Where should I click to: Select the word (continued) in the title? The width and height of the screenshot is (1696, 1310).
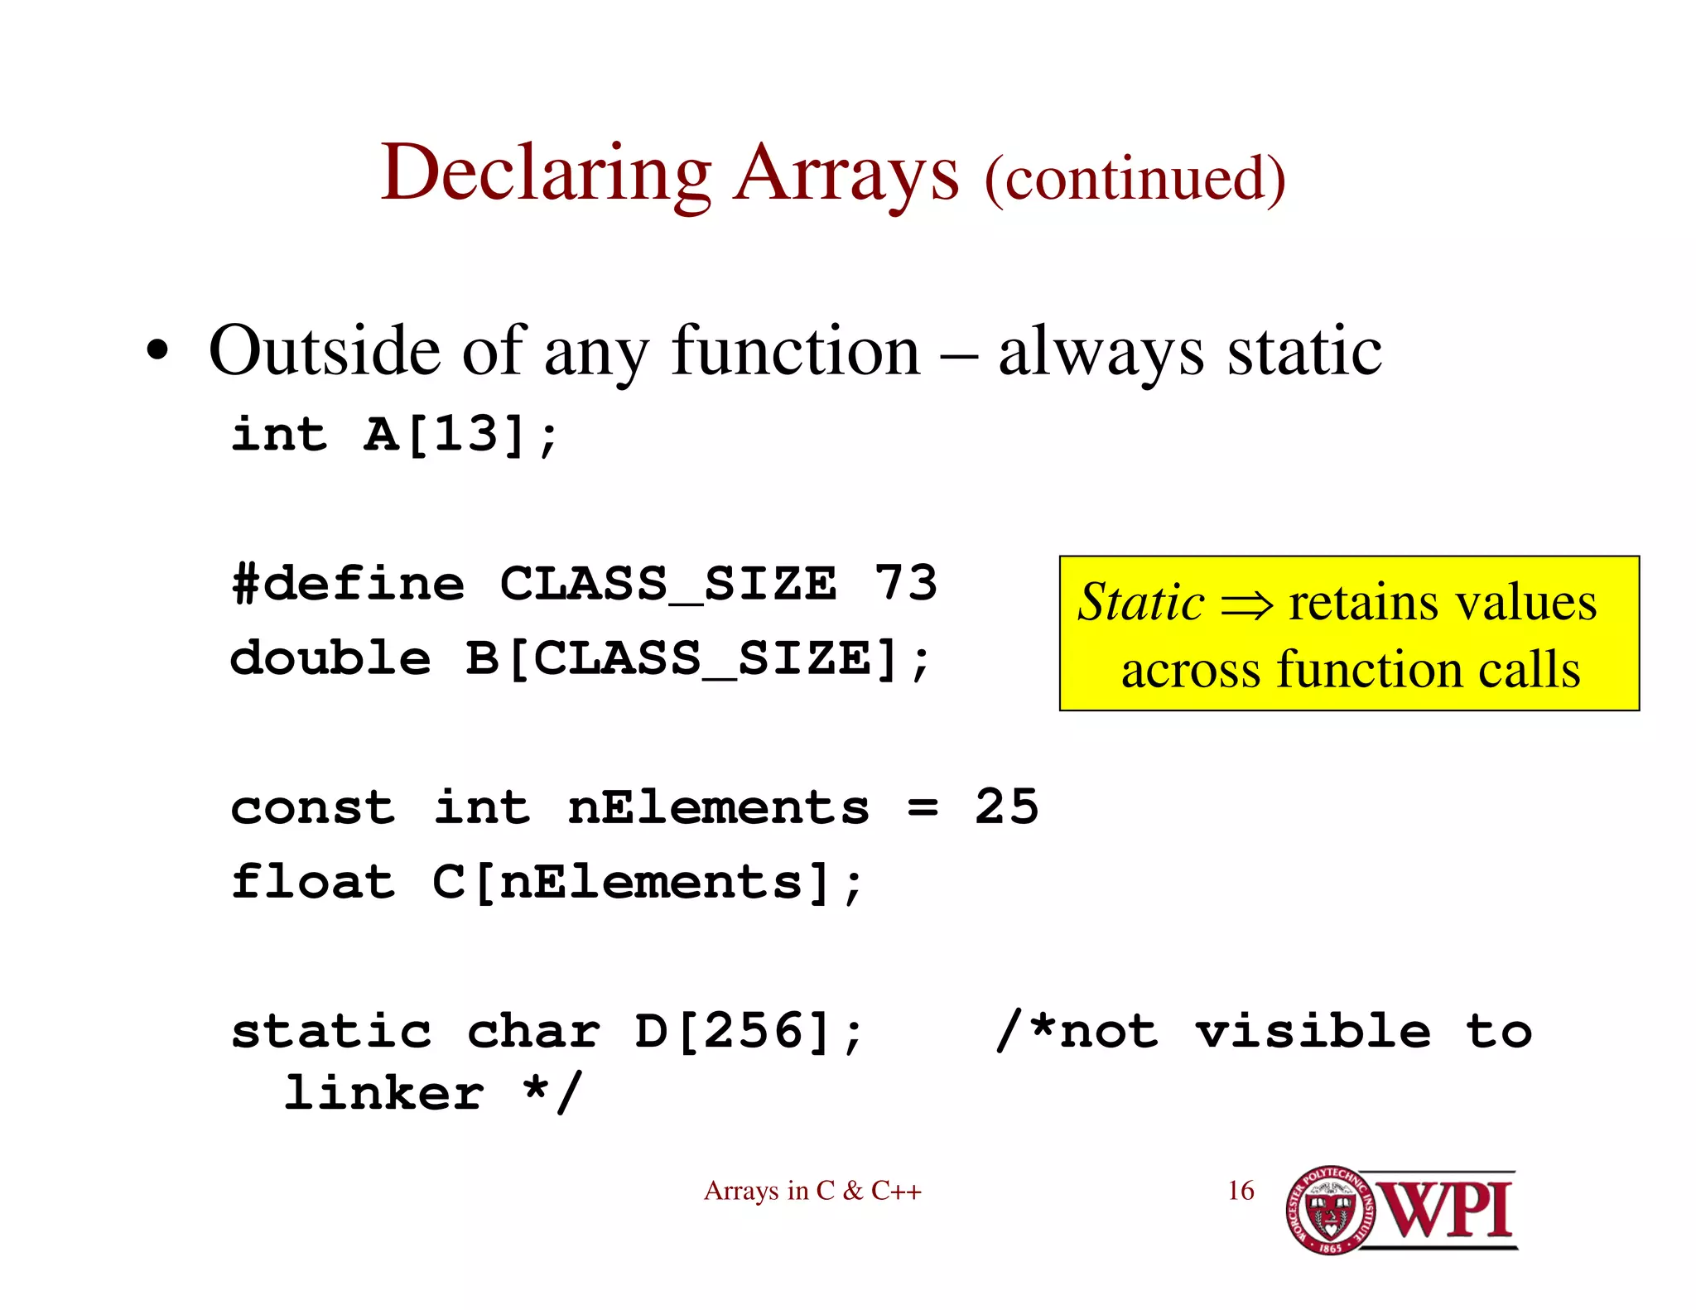tap(1135, 179)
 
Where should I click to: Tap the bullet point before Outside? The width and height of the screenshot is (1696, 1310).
tap(157, 351)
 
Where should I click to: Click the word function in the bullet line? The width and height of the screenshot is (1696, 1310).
tap(795, 351)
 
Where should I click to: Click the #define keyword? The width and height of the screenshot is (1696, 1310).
tap(348, 584)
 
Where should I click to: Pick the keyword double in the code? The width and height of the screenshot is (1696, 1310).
tap(330, 658)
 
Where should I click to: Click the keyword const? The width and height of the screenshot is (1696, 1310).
tap(313, 807)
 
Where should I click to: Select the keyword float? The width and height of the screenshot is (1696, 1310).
tap(313, 881)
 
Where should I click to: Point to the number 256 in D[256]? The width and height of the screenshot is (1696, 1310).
tap(754, 1031)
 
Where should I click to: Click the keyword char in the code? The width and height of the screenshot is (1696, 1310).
tap(533, 1032)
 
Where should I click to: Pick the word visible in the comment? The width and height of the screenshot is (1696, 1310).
tap(1313, 1032)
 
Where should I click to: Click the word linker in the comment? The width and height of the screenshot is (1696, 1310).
tap(383, 1093)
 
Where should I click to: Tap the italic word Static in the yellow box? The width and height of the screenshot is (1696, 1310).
tap(1140, 602)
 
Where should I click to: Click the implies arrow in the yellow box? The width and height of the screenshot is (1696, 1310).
tap(1246, 604)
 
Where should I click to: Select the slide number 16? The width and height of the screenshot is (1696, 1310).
tap(1241, 1191)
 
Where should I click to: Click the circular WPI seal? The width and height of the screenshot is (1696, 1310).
tap(1328, 1210)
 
